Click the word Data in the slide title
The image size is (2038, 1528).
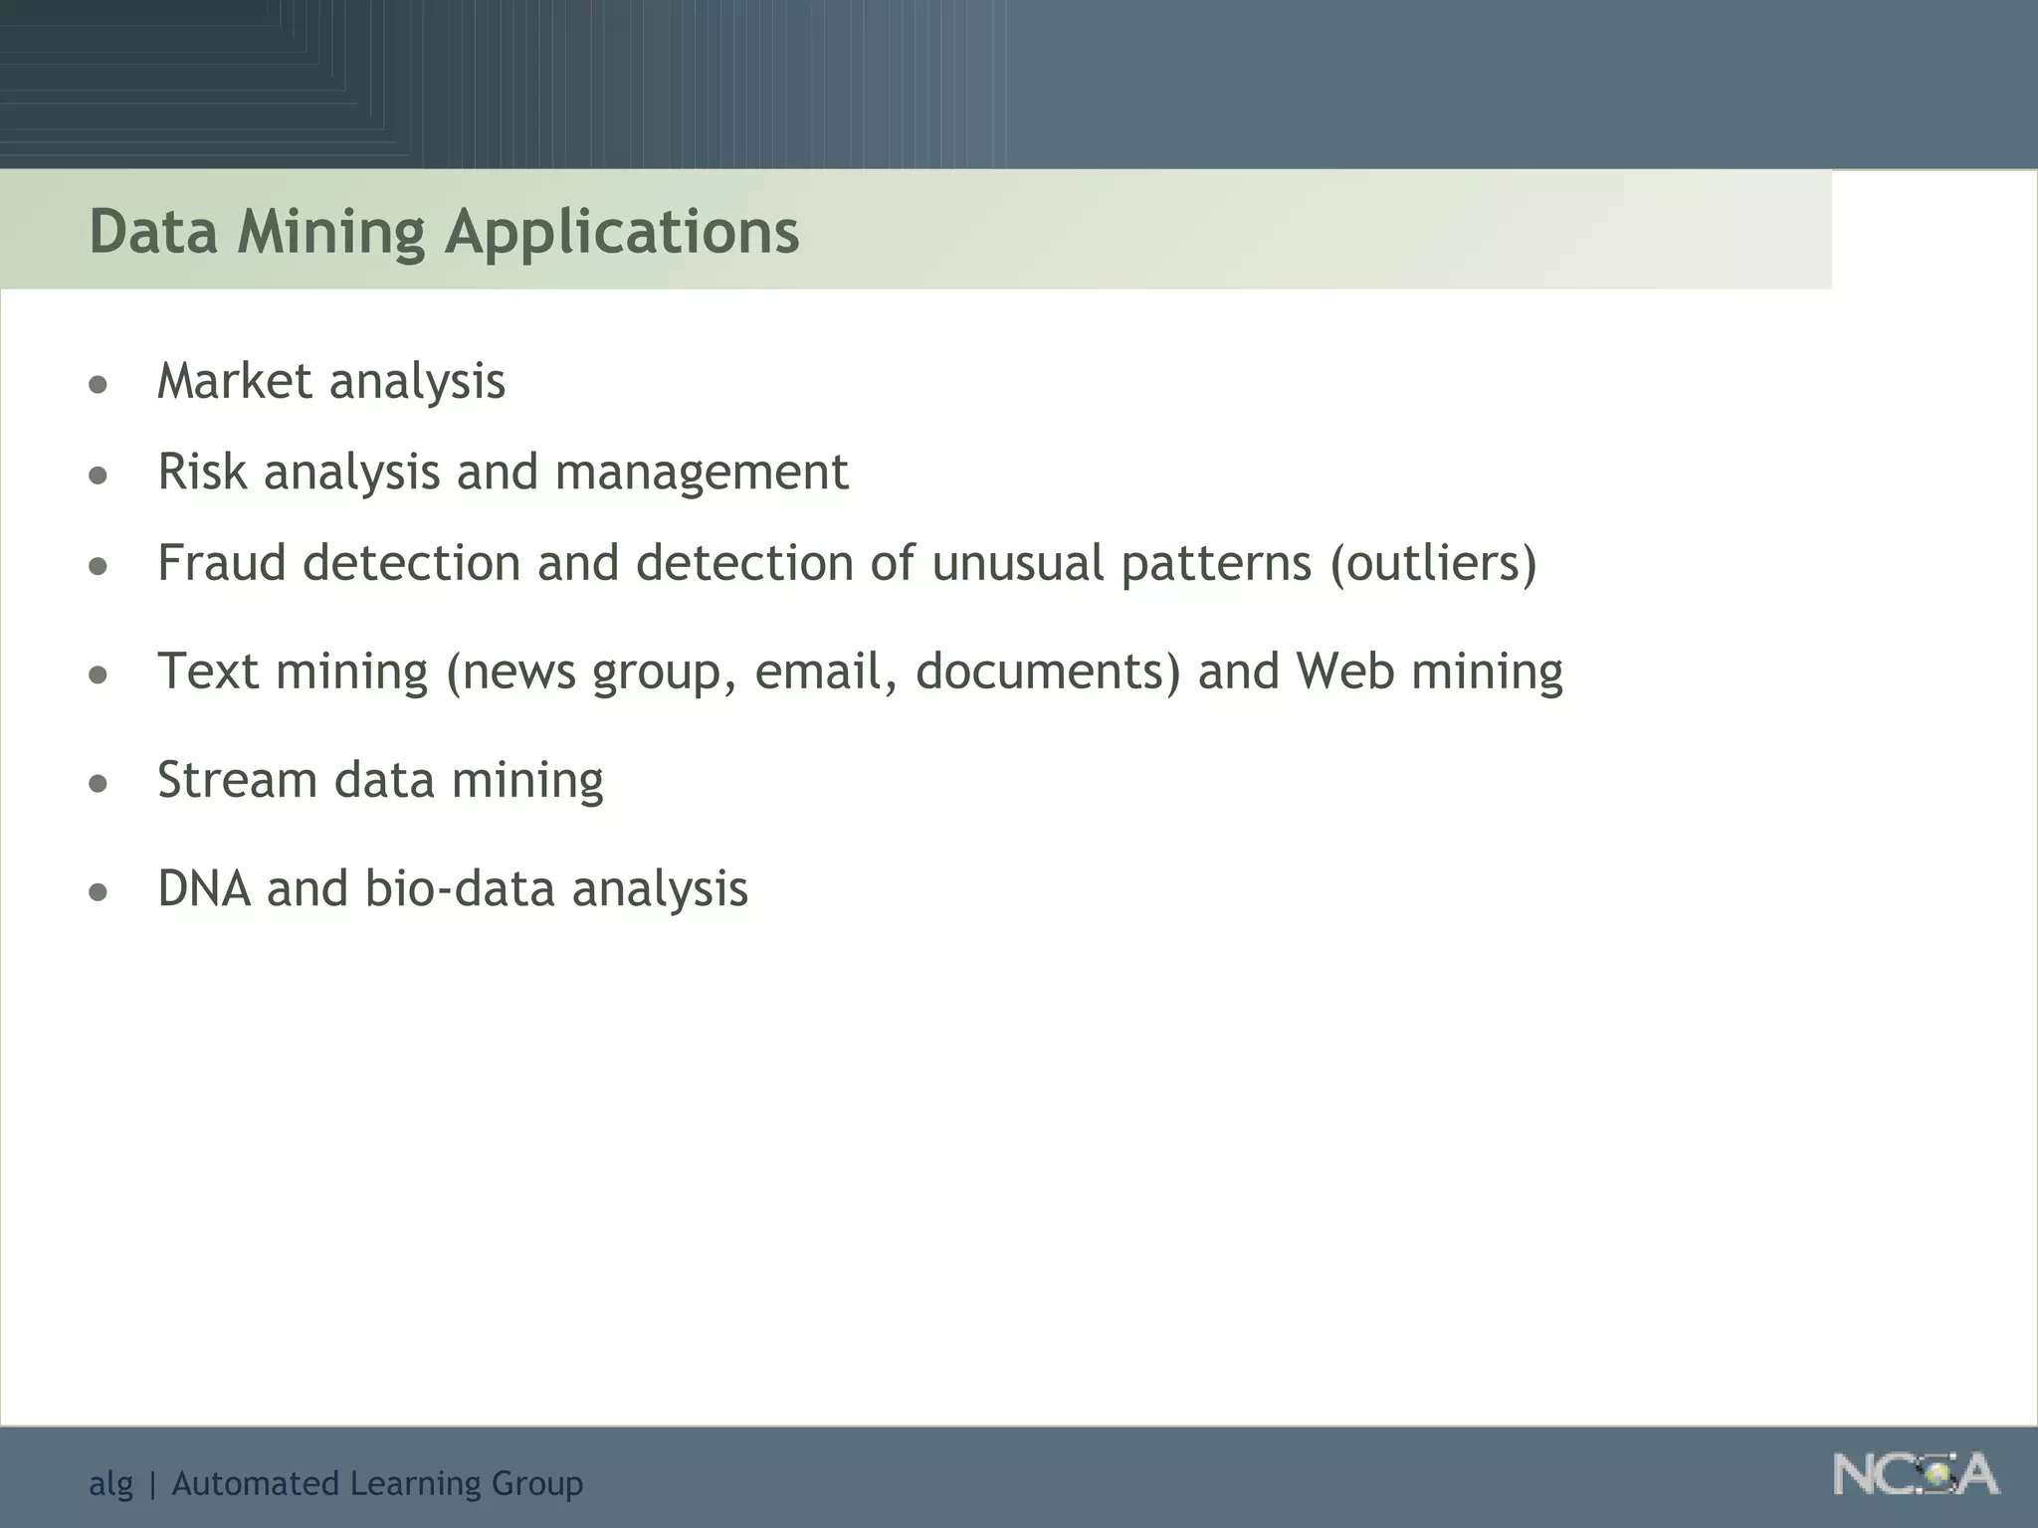click(x=153, y=231)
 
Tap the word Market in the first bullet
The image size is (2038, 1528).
click(x=235, y=381)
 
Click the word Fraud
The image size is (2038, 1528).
click(x=221, y=563)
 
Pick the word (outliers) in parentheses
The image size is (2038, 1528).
click(x=1433, y=564)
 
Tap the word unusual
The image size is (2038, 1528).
click(x=1017, y=563)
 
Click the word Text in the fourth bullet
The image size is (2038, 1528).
click(x=208, y=671)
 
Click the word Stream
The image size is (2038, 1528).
click(x=237, y=780)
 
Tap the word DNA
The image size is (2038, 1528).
click(x=204, y=888)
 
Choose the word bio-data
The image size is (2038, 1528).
click(x=459, y=888)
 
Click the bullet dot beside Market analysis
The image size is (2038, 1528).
click(x=98, y=385)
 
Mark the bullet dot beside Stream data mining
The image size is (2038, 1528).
click(x=98, y=784)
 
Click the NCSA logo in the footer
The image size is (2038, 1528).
click(x=1916, y=1474)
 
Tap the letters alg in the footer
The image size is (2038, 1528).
click(x=110, y=1484)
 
